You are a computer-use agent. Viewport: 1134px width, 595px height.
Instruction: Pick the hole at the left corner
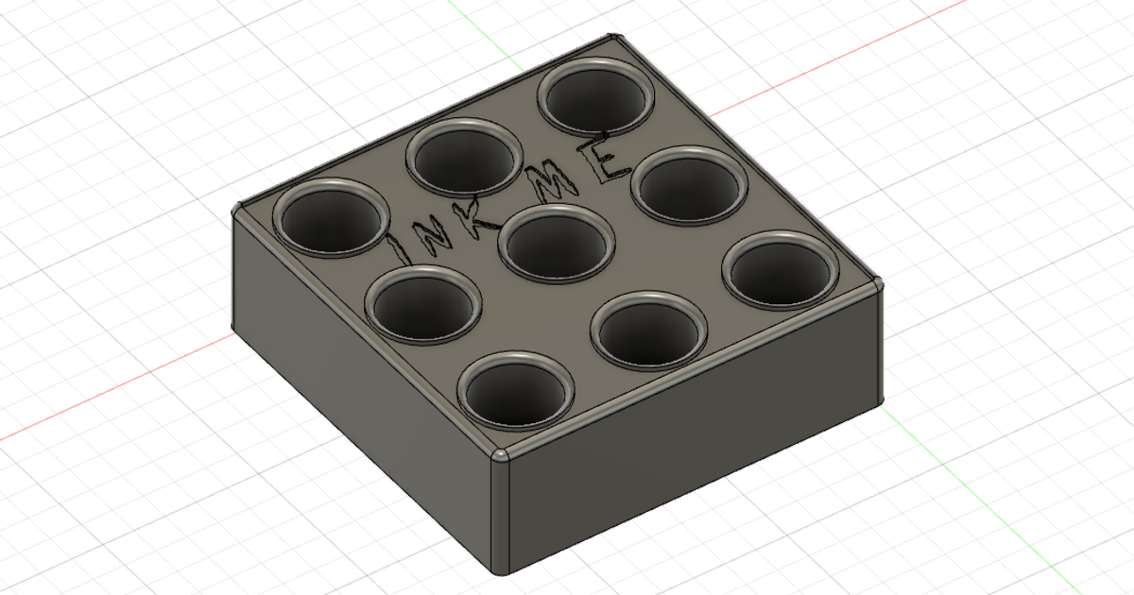click(x=331, y=218)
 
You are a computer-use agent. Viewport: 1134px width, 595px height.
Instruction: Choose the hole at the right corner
click(x=781, y=272)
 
